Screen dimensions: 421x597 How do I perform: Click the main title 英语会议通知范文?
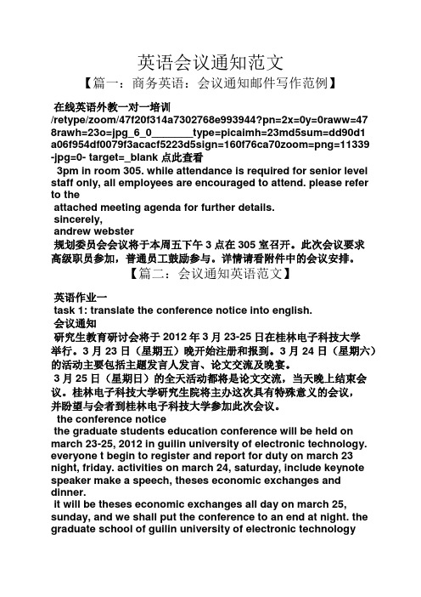pyautogui.click(x=210, y=61)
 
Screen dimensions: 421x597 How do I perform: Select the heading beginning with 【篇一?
pyautogui.click(x=210, y=84)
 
